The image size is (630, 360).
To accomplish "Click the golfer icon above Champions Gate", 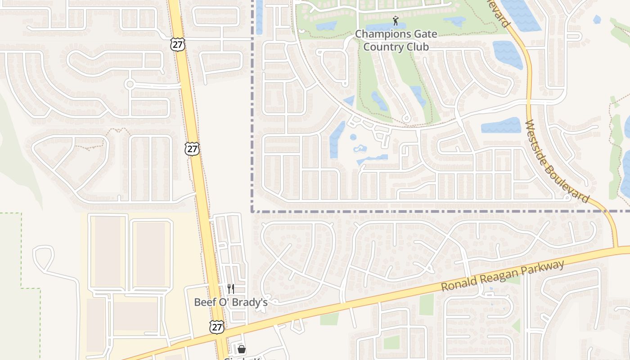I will point(396,21).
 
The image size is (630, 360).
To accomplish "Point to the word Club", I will point(416,46).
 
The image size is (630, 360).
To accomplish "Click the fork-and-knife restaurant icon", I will point(231,288).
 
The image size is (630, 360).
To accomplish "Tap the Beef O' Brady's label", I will point(231,302).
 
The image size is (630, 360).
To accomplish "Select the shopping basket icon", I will point(242,349).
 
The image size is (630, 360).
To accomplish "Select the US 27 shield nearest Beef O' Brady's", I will point(217,327).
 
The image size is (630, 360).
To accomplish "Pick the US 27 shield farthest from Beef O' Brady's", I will point(177,44).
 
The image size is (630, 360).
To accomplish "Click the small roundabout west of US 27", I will point(130,84).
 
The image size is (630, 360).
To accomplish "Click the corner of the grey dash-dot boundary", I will point(252,211).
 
